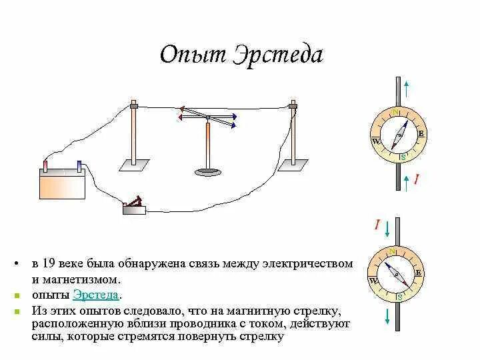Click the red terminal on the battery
(45, 165)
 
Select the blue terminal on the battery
(79, 164)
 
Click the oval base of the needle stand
(209, 172)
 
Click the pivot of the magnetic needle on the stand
(208, 119)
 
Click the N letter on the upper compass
(396, 111)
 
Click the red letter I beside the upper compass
(417, 179)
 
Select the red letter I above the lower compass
(377, 226)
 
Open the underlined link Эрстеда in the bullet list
(97, 295)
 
